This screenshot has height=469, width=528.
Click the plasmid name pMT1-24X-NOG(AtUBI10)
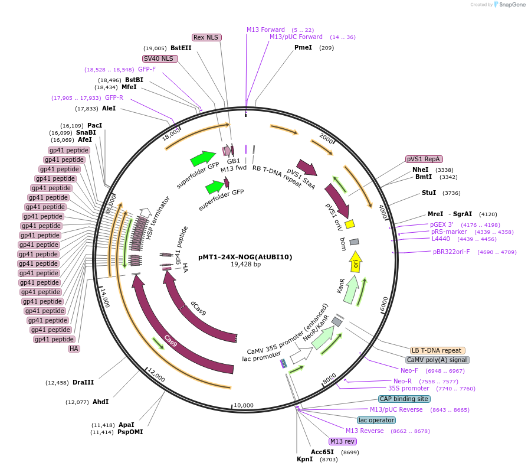[x=245, y=257]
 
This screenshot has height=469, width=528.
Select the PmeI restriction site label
[x=303, y=47]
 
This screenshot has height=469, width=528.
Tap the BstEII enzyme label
[x=181, y=48]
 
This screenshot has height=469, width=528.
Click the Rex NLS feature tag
[x=206, y=37]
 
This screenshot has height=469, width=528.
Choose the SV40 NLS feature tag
[x=160, y=58]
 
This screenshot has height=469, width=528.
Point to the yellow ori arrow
[x=356, y=261]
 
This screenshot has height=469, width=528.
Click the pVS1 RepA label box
[x=424, y=159]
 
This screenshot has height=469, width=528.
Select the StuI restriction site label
[x=429, y=193]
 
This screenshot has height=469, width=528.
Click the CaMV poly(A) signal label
[x=437, y=360]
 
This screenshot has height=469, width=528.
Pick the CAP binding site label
[x=404, y=399]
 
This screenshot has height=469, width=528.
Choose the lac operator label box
[x=376, y=420]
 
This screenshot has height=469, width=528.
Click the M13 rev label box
[x=342, y=441]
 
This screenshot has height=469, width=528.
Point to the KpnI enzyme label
[x=305, y=459]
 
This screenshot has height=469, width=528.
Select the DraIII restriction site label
[x=83, y=382]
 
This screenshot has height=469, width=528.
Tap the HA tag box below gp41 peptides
[x=74, y=349]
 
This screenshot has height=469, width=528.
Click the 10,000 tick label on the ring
[x=244, y=405]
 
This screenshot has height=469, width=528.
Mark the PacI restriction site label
[x=94, y=125]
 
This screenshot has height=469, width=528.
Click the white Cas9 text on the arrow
[x=170, y=341]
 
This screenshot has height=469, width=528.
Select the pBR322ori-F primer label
[x=451, y=252]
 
